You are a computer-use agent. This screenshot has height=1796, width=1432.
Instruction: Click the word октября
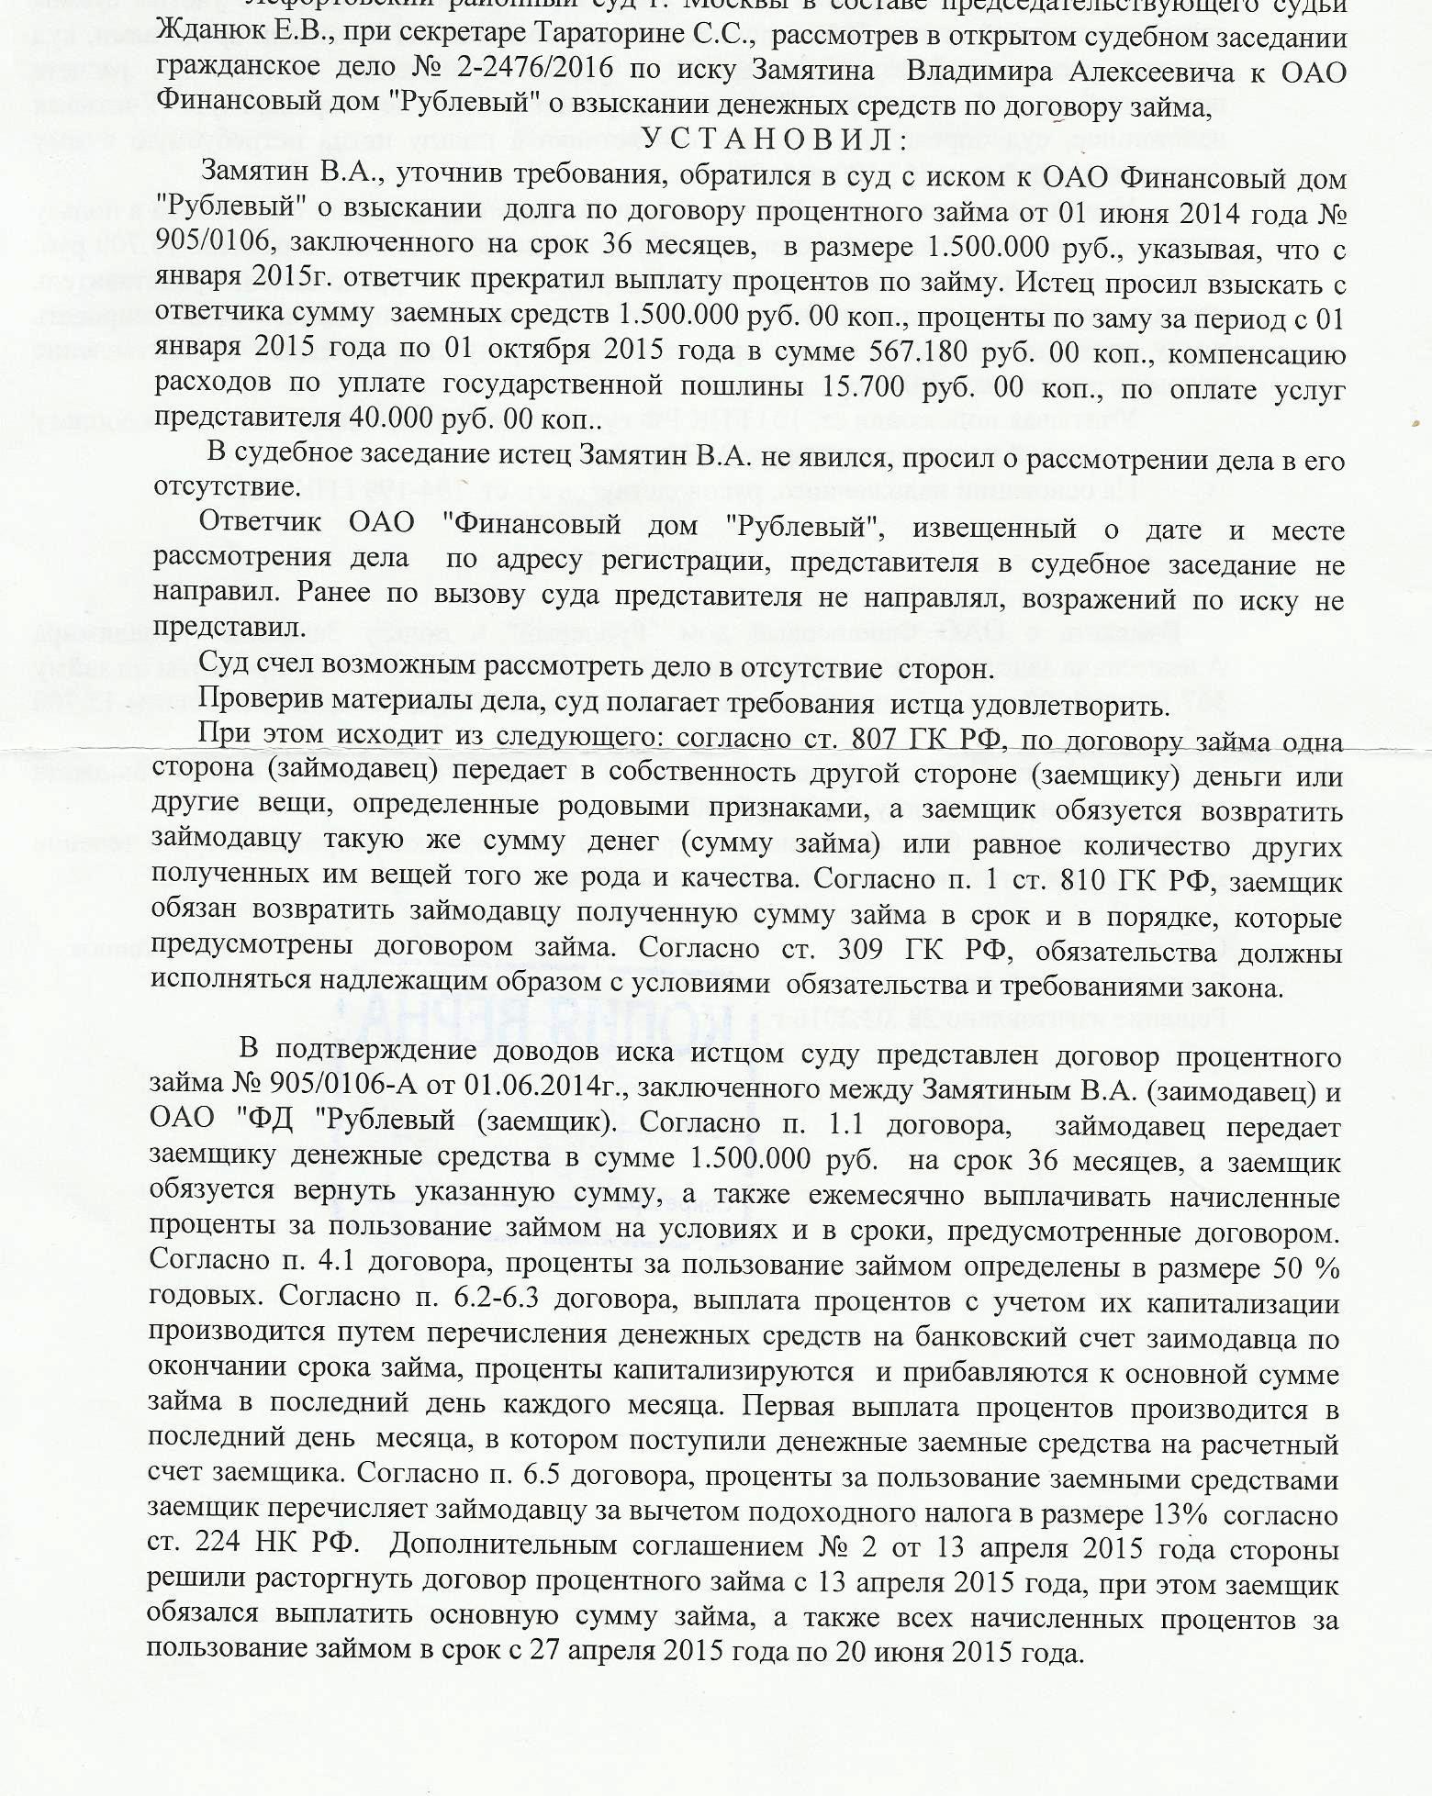(x=530, y=354)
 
